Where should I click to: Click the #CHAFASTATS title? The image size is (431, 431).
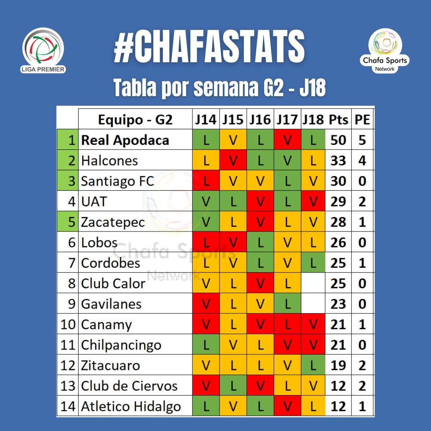pyautogui.click(x=209, y=47)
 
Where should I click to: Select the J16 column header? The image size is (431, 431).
pyautogui.click(x=260, y=119)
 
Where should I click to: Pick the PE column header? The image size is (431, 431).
pyautogui.click(x=362, y=119)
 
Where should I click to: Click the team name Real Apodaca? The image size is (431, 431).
pyautogui.click(x=125, y=140)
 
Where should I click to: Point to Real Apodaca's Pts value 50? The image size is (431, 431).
pyautogui.click(x=338, y=140)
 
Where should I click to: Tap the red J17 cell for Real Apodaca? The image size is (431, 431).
pyautogui.click(x=287, y=140)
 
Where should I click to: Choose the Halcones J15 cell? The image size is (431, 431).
pyautogui.click(x=233, y=160)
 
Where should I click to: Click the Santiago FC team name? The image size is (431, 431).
pyautogui.click(x=117, y=181)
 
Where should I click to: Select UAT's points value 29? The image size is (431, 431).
pyautogui.click(x=338, y=202)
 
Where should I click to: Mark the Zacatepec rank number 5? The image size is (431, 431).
pyautogui.click(x=71, y=222)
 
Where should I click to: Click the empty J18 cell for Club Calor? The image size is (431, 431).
pyautogui.click(x=313, y=283)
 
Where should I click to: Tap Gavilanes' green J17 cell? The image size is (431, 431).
pyautogui.click(x=287, y=304)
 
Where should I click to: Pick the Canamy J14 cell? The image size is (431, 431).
pyautogui.click(x=206, y=324)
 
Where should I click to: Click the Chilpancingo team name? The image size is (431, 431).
pyautogui.click(x=121, y=345)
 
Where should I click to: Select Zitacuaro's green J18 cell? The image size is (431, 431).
pyautogui.click(x=313, y=366)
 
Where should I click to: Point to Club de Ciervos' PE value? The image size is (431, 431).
pyautogui.click(x=362, y=386)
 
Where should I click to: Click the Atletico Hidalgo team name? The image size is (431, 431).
pyautogui.click(x=131, y=406)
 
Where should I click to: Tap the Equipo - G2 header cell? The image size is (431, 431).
pyautogui.click(x=135, y=119)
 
